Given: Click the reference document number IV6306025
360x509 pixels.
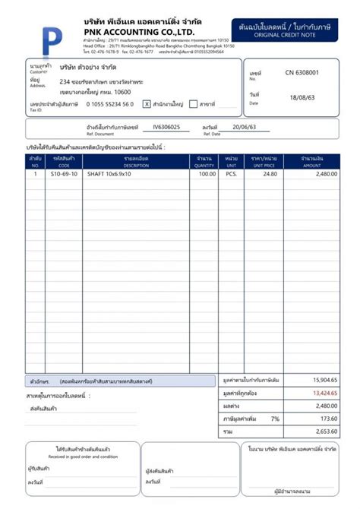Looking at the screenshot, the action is coord(167,128).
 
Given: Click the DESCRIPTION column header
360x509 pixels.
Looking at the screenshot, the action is coord(136,161).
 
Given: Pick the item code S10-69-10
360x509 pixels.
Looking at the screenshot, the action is coord(64,174).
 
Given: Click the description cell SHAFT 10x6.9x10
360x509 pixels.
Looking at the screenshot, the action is coord(109,174).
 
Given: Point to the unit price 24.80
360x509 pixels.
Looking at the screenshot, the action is coord(270,174).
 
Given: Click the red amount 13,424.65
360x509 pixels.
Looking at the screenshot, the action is coord(324,393).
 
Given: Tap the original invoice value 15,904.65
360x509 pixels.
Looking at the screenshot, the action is coord(324,379).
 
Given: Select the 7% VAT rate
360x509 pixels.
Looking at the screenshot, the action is coord(274,419).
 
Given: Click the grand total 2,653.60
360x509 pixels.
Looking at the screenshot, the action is coord(326,432).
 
